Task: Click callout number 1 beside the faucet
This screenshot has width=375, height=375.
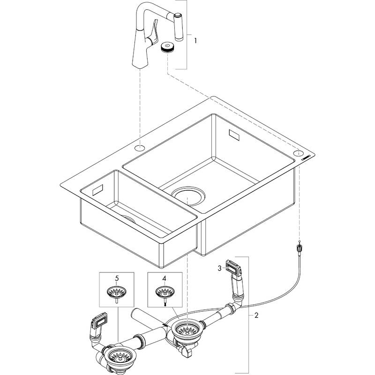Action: tap(195, 41)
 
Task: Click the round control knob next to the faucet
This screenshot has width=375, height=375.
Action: tap(167, 47)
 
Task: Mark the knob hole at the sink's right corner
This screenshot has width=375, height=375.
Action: tap(299, 154)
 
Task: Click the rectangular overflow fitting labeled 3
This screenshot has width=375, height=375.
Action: tap(233, 269)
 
